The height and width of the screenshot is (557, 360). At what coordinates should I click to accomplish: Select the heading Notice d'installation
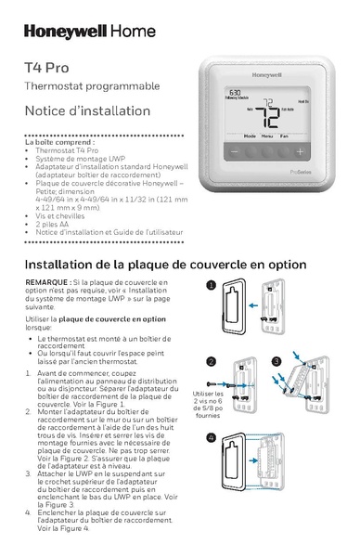[87, 110]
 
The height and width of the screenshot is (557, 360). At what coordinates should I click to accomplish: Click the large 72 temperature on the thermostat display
[268, 115]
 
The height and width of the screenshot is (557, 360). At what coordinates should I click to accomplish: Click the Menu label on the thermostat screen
[266, 136]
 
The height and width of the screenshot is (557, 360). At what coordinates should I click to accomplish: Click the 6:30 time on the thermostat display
[236, 93]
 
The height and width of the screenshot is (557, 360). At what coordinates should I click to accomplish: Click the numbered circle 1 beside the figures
[212, 286]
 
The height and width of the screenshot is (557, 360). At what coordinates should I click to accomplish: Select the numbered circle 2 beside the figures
[212, 361]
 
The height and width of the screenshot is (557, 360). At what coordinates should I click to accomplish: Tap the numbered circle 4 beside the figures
[212, 436]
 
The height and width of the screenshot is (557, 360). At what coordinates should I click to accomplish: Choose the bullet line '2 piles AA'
[55, 223]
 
